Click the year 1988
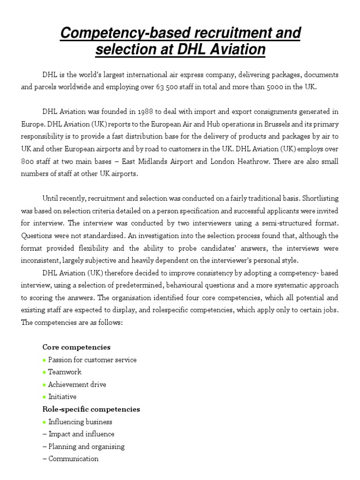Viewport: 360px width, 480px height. [x=145, y=112]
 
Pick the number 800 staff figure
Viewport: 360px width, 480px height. [x=30, y=161]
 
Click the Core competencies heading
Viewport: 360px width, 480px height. [x=76, y=347]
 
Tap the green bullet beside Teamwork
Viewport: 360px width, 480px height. [x=45, y=372]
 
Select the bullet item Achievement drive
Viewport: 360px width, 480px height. [x=77, y=384]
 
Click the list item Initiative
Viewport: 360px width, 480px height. [x=62, y=397]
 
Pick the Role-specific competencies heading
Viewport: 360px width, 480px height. [x=91, y=409]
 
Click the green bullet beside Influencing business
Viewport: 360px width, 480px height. [x=45, y=422]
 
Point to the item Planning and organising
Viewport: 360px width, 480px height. [x=86, y=446]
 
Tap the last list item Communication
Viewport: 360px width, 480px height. [x=73, y=459]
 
